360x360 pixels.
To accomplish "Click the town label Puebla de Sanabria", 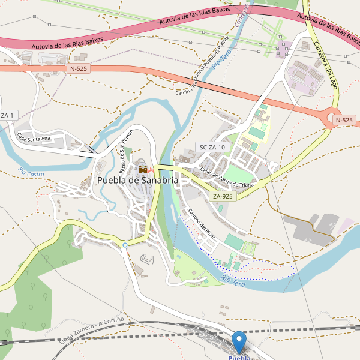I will [x=137, y=180].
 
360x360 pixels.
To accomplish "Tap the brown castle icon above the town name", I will [x=143, y=170].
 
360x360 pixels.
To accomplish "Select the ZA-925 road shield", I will [x=223, y=196].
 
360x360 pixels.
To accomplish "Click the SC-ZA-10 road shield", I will [x=212, y=147].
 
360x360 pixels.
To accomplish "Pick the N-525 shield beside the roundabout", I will [x=344, y=120].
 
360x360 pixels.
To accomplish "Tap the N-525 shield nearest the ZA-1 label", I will [x=79, y=69].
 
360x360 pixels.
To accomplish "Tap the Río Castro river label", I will [x=31, y=173].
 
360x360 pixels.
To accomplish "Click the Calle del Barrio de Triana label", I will [x=226, y=176].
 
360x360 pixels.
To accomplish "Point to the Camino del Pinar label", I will [x=201, y=224].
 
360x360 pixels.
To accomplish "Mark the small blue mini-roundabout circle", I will [x=125, y=245].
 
